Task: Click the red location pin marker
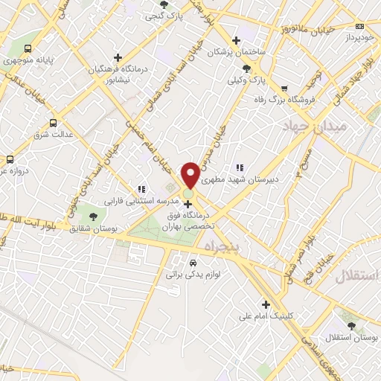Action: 190,174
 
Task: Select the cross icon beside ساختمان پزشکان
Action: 237,40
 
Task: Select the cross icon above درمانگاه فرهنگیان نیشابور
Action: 118,57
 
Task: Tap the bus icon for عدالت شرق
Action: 52,123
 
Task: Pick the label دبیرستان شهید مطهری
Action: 266,179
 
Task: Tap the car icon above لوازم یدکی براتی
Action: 193,263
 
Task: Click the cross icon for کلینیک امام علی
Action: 266,304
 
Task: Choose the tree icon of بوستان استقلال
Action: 351,325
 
